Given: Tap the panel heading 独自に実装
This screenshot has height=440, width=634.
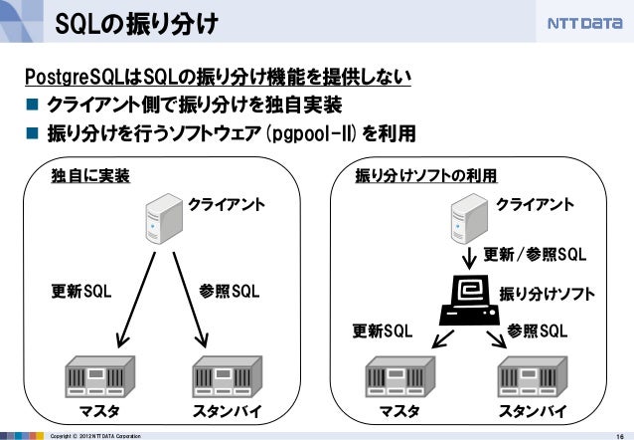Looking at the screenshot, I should (90, 176).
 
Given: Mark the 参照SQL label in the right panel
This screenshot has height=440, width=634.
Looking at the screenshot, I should (538, 330).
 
